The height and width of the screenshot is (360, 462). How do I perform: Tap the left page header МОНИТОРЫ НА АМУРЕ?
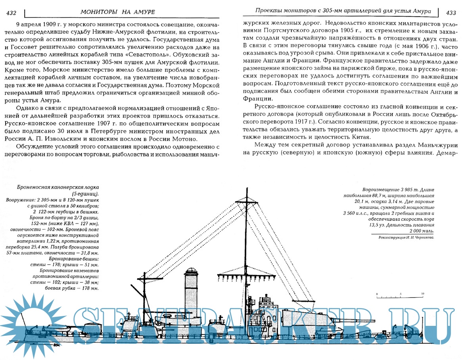pos(121,13)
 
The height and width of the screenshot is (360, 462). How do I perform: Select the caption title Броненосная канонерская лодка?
pos(58,187)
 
